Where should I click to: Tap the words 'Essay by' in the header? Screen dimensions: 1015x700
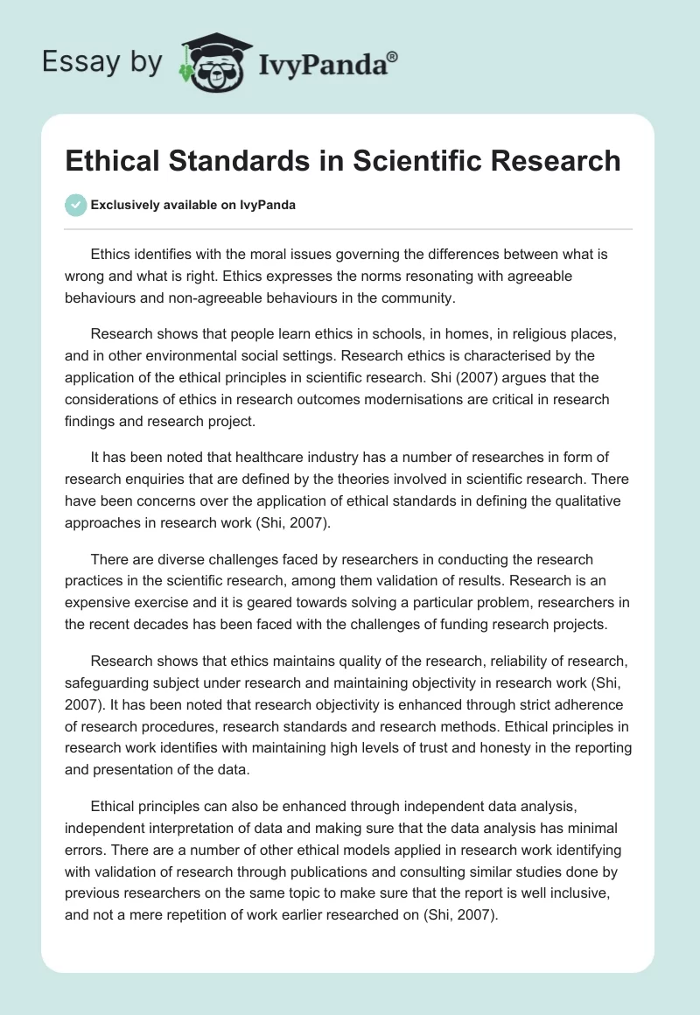pyautogui.click(x=102, y=62)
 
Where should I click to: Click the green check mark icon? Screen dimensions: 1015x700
pyautogui.click(x=76, y=205)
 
